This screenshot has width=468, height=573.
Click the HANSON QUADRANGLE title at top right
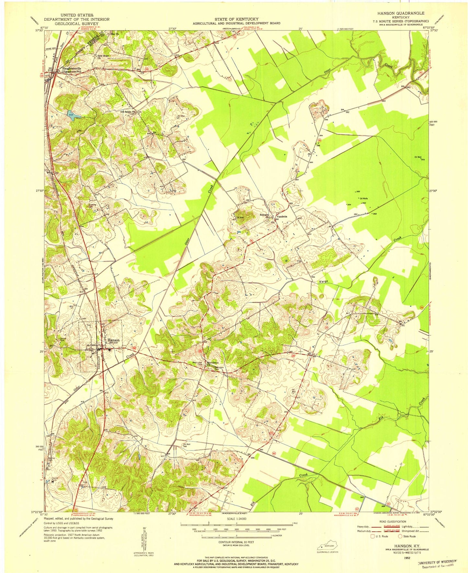coord(400,13)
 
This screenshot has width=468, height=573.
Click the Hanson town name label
coord(114,340)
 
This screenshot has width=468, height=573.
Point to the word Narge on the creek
coord(322,282)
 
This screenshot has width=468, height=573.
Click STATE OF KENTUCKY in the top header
coord(236,19)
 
